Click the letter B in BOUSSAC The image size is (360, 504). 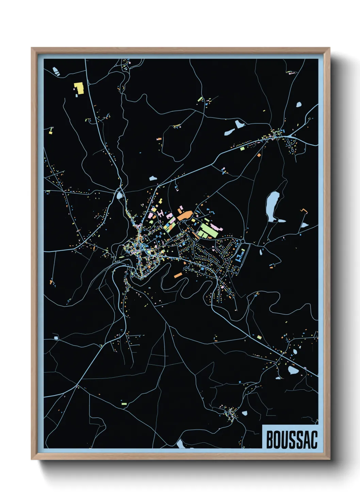coord(270,440)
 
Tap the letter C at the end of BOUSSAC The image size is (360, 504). coord(313,440)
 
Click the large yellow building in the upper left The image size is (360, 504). coord(79,88)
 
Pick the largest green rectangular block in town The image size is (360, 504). coord(208,231)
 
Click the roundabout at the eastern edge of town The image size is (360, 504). coord(243,242)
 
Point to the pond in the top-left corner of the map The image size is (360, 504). coord(55,70)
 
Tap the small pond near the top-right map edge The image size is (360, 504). coord(299,105)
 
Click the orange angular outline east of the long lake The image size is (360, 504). coord(304,211)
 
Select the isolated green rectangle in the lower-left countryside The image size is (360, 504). coord(124,404)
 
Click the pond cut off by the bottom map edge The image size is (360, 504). coord(180,444)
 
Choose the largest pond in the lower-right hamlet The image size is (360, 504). coord(292,370)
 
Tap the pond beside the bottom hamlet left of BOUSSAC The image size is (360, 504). coord(244,413)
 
